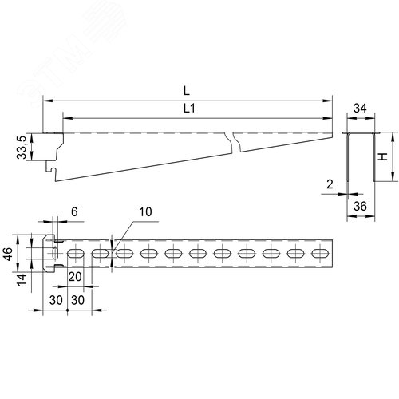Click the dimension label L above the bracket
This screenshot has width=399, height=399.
[187, 91]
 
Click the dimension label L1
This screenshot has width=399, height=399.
[189, 109]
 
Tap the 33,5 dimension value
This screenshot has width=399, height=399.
[22, 147]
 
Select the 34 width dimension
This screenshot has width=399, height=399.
[360, 109]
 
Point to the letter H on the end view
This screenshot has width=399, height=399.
[383, 157]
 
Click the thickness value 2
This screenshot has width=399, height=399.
[330, 184]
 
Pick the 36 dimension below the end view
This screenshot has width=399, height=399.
[360, 206]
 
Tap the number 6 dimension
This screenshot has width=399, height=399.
[74, 211]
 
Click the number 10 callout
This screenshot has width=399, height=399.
[145, 212]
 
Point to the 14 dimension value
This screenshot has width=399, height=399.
[22, 280]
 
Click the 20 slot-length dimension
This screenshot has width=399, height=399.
[75, 277]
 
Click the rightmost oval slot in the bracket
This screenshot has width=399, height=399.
[320, 254]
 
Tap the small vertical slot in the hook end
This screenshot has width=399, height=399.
[55, 253]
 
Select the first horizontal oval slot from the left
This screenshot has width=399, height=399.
[76, 254]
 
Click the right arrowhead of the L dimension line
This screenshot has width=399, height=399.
[328, 101]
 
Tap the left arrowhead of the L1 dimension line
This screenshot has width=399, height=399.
[68, 118]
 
